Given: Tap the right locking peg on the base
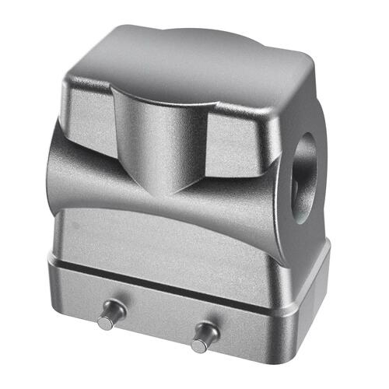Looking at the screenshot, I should coord(205,335).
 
